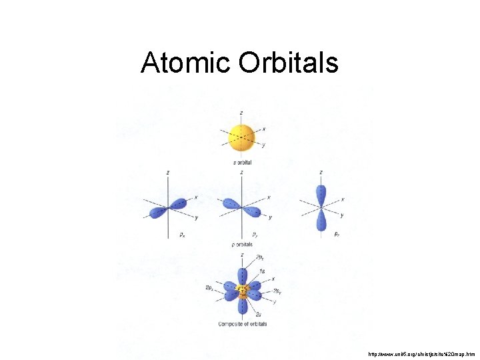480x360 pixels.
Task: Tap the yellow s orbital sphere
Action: (x=241, y=137)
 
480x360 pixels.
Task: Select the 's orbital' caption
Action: (x=242, y=163)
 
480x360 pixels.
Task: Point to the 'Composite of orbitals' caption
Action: (x=243, y=324)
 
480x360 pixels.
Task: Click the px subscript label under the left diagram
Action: (x=183, y=235)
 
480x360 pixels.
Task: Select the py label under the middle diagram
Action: (x=255, y=235)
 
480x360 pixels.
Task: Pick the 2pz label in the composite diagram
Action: (x=260, y=257)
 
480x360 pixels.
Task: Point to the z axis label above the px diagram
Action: (x=167, y=172)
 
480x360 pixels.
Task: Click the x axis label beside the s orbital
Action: (x=264, y=129)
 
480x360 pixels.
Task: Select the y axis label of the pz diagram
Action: (x=342, y=215)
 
